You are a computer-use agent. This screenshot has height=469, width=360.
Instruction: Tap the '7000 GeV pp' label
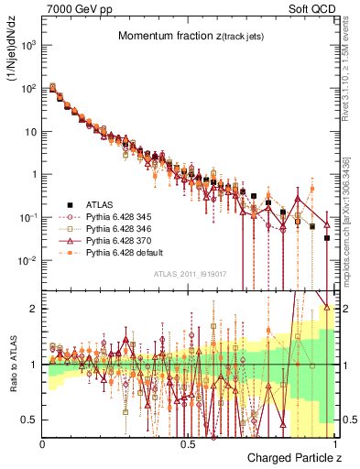70,8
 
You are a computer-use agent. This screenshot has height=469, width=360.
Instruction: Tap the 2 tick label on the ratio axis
34,309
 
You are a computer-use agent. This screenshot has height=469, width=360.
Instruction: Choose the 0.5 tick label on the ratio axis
30,420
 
